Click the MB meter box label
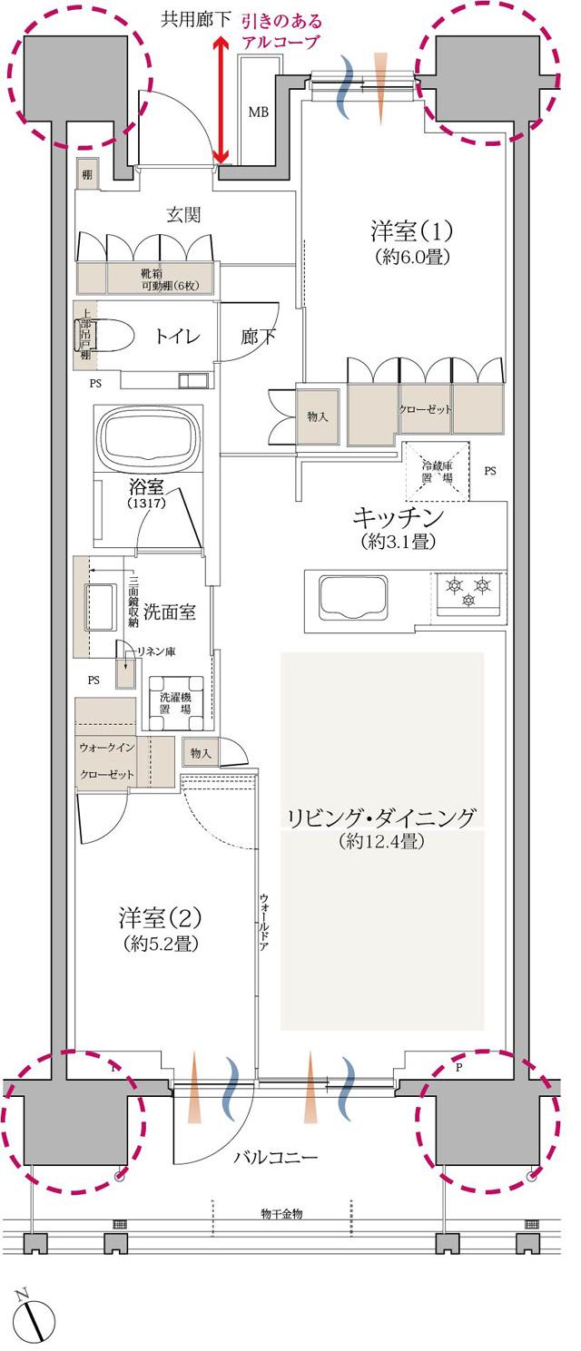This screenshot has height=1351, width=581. pos(259,113)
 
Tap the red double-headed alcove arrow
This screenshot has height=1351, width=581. pos(220,100)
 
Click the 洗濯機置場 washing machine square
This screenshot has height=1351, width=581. pos(175,702)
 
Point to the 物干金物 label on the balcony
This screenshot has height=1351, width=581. pos(281,1213)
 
